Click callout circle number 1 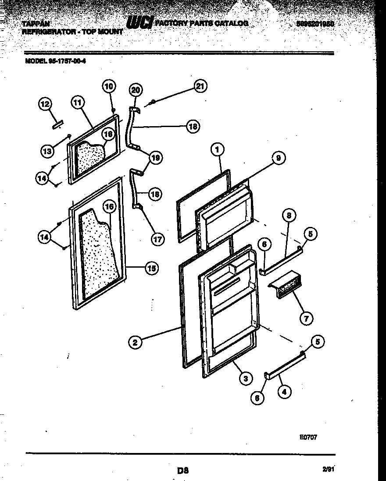[217, 149]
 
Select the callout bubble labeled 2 [136, 342]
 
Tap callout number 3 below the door [245, 378]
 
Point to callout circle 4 [284, 392]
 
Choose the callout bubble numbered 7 [306, 318]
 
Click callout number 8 [289, 215]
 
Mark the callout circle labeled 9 [278, 158]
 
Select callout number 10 [109, 86]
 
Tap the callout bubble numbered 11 [77, 103]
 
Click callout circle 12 [45, 104]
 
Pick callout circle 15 [152, 269]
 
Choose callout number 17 [157, 239]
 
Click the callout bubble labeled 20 [136, 90]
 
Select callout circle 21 [200, 87]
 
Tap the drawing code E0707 [308, 437]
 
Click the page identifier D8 [182, 471]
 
